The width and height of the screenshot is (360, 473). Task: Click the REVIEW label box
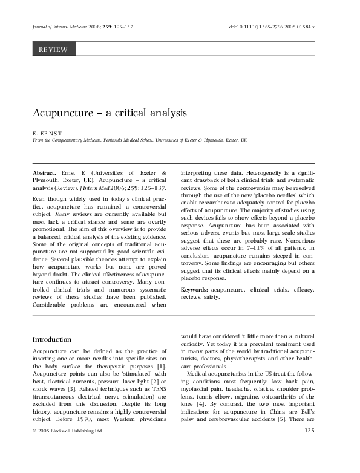(x=53, y=50)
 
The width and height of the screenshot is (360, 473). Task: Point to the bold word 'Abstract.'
(x=46, y=172)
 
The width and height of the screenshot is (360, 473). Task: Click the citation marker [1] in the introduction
(x=160, y=367)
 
